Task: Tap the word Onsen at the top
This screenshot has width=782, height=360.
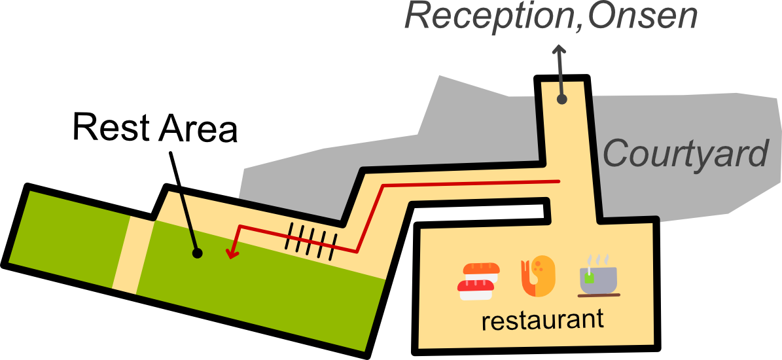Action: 642,16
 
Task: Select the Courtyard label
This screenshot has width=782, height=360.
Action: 684,154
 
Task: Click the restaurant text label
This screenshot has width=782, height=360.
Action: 542,321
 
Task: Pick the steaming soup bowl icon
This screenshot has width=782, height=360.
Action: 598,279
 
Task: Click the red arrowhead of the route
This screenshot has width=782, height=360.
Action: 230,253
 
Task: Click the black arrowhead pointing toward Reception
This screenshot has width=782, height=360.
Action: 558,51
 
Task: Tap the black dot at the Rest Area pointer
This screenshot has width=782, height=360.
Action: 197,252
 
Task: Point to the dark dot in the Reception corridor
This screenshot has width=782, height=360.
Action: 561,99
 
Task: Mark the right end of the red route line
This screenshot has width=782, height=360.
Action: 558,181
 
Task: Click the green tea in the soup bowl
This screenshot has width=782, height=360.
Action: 590,278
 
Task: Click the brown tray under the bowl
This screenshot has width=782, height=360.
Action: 598,296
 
